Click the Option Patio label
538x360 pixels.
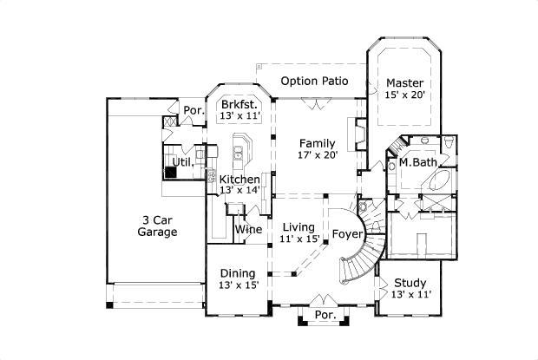coord(314,82)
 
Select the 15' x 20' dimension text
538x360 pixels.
coord(404,95)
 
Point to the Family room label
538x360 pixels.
coord(317,142)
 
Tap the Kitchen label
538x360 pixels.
coord(239,179)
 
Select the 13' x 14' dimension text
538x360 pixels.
coord(239,190)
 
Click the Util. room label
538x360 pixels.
coord(181,161)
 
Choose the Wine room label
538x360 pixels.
coord(249,230)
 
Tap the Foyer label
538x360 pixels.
coord(347,233)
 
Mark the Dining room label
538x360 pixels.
coord(237,272)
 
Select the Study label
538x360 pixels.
coord(410,283)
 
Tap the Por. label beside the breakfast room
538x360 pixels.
coord(193,110)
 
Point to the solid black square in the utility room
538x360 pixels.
coord(171,171)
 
